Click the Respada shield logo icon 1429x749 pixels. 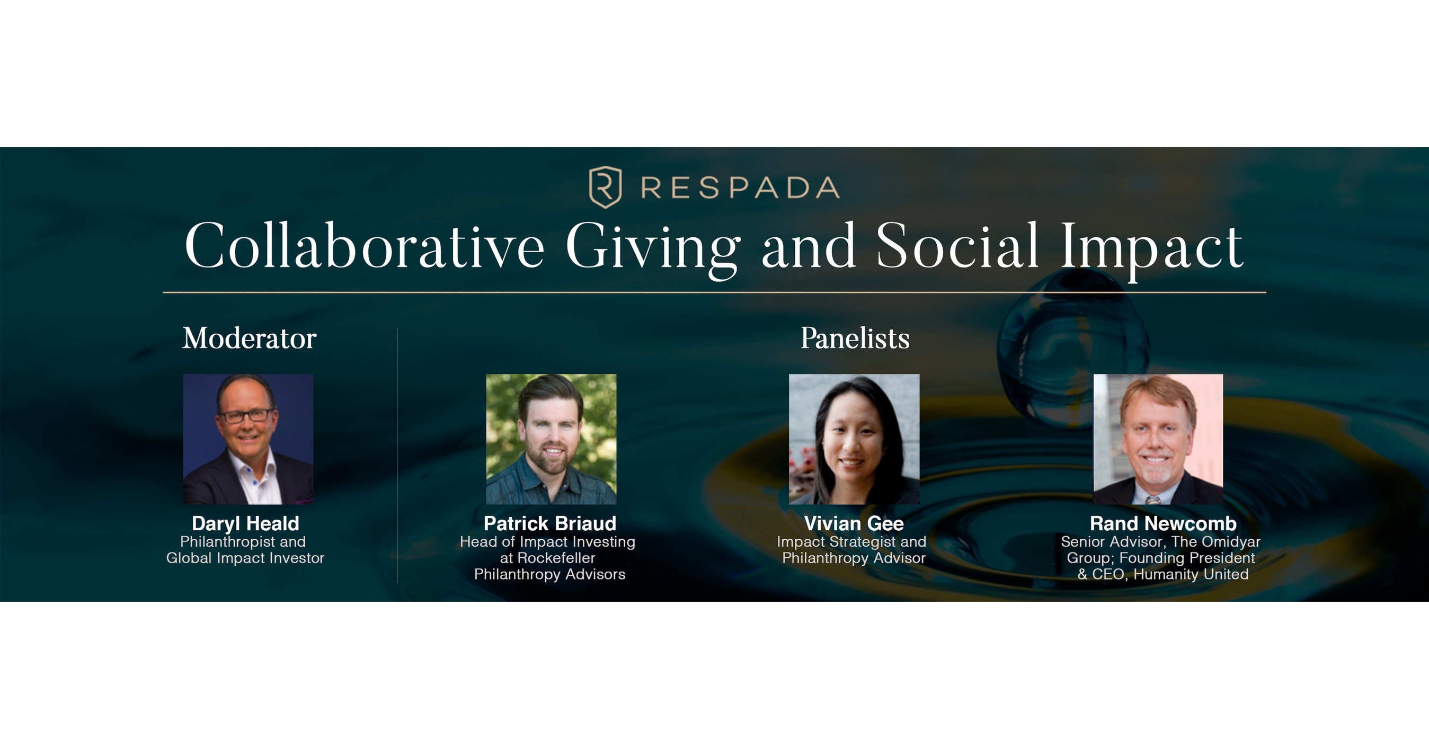[x=605, y=187]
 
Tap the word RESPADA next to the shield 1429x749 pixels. [x=740, y=188]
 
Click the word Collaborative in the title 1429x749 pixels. [x=364, y=246]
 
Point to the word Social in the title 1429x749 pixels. [x=957, y=246]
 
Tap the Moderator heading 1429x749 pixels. [x=249, y=338]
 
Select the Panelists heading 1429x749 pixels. [x=855, y=338]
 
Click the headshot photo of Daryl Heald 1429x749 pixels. [x=248, y=439]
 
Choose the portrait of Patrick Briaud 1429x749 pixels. [x=551, y=439]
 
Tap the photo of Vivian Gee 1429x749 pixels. [x=854, y=439]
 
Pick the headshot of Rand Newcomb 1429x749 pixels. [x=1158, y=439]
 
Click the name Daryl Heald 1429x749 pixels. [x=245, y=523]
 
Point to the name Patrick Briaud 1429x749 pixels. [x=550, y=523]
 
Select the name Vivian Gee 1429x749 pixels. [x=854, y=523]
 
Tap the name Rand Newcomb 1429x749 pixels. [x=1162, y=523]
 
